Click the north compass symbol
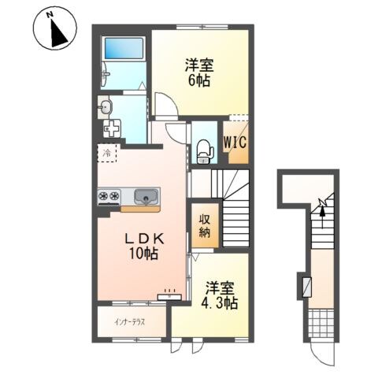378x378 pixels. (x=55, y=29)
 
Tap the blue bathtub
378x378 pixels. (x=124, y=48)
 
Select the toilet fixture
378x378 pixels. (x=205, y=152)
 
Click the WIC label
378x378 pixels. (x=235, y=142)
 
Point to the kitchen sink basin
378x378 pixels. (x=146, y=197)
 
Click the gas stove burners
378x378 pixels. (x=109, y=195)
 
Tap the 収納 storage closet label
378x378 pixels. (x=205, y=225)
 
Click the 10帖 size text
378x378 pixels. (x=143, y=254)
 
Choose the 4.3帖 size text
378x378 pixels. (x=220, y=302)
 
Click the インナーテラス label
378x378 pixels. (x=129, y=322)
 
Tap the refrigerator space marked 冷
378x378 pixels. (x=107, y=153)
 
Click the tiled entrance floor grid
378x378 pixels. (x=321, y=323)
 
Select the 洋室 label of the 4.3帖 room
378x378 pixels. (x=220, y=288)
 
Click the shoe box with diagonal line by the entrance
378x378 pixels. (x=306, y=287)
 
